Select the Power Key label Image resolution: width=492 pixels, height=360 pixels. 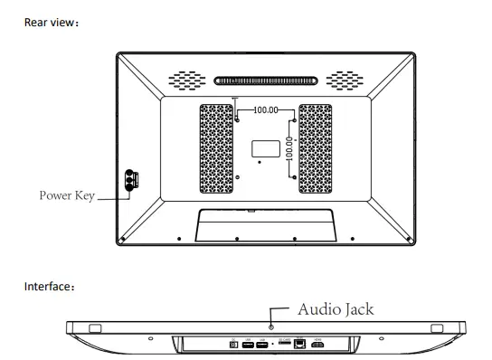(x=67, y=194)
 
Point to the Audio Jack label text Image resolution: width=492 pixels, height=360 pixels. (x=336, y=309)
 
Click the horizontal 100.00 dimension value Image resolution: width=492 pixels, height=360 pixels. (x=265, y=110)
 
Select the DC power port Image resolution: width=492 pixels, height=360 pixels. (x=235, y=345)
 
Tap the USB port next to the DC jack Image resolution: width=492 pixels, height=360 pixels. (x=248, y=345)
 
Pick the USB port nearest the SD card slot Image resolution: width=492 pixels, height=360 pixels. (x=261, y=345)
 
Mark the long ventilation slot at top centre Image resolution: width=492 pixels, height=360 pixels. (x=265, y=80)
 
